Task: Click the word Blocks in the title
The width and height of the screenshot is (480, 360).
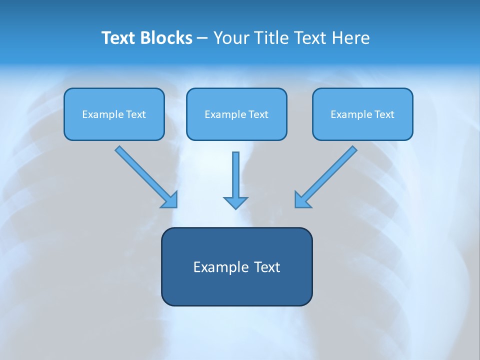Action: (x=166, y=38)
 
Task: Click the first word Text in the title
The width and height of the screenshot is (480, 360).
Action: (x=118, y=38)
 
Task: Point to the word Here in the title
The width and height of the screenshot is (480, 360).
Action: (x=351, y=38)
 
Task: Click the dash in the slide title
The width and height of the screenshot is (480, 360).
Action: (x=202, y=39)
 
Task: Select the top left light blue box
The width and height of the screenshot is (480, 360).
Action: (x=114, y=114)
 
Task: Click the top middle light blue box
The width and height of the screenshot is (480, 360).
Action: (x=236, y=114)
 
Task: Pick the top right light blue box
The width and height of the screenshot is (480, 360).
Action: (x=363, y=114)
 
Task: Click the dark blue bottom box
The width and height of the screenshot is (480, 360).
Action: (x=237, y=266)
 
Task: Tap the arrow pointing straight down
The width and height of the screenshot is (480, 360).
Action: (x=235, y=180)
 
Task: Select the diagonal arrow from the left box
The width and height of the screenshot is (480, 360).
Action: (x=146, y=177)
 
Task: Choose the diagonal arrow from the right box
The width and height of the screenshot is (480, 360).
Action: (x=325, y=177)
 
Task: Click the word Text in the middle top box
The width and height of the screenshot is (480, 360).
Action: (x=258, y=114)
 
